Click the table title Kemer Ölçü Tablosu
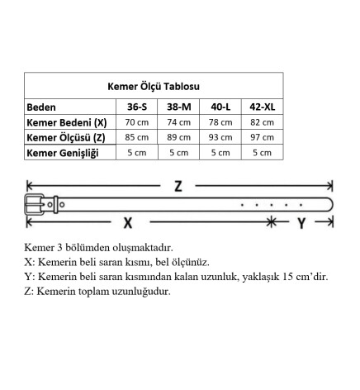point(154,85)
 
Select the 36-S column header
point(138,107)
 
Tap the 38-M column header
point(178,107)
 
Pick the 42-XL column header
point(261,107)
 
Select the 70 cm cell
point(138,122)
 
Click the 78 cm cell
point(220,122)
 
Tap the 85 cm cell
point(138,137)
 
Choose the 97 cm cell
point(261,137)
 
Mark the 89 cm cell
point(178,137)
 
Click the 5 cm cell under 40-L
point(220,152)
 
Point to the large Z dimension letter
point(178,186)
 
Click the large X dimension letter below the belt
point(128,222)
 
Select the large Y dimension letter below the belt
point(301,222)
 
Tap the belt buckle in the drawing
point(40,204)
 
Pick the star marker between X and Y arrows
point(271,221)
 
